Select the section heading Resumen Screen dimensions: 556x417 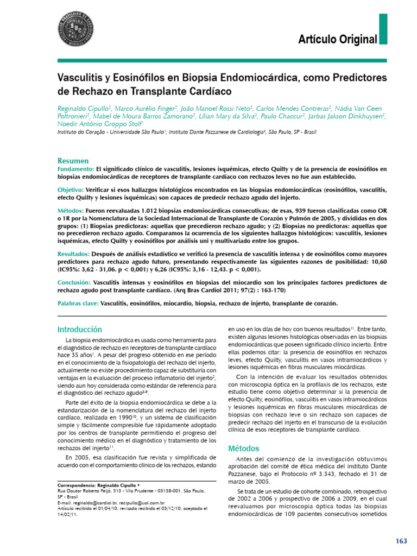tap(73, 161)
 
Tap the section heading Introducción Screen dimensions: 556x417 tap(80, 330)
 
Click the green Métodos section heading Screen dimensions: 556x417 tap(244, 448)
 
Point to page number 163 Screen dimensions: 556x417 tap(401, 541)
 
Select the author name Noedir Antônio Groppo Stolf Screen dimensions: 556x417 tap(99, 124)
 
